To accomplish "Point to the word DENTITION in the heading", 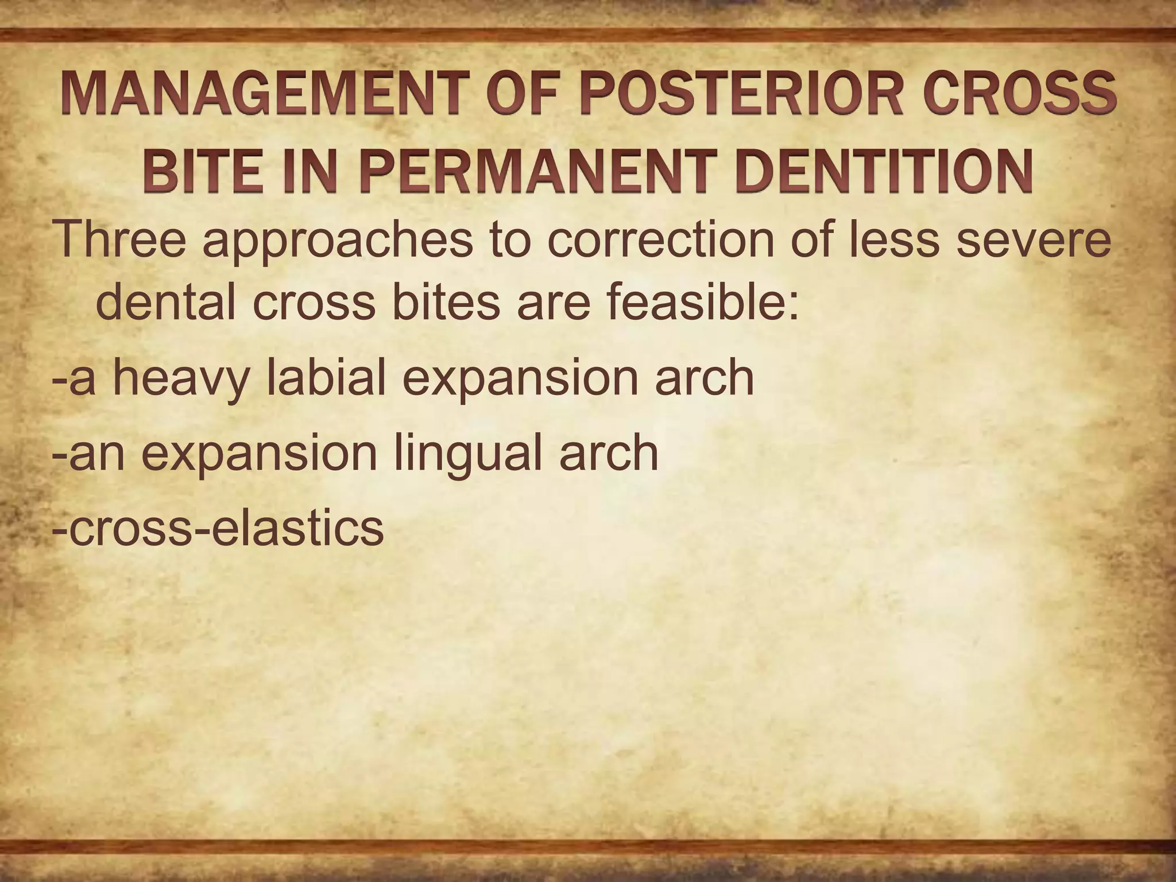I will (x=884, y=171).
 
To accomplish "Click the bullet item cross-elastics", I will (x=218, y=528).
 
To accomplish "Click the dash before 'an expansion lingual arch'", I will (x=59, y=454).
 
